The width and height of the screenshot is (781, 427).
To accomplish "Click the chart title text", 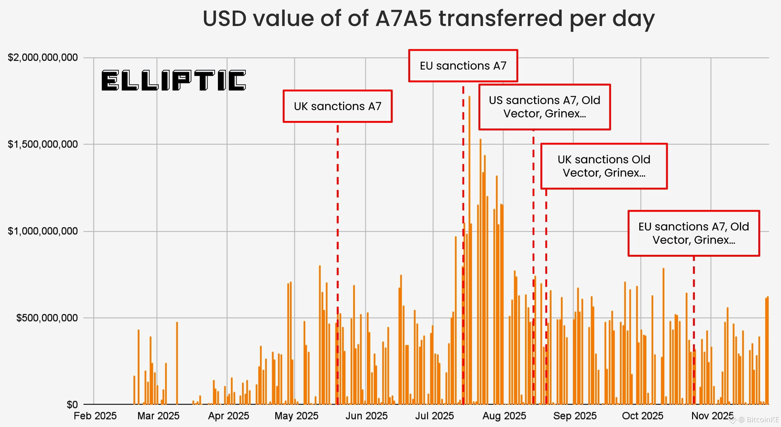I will pos(428,19).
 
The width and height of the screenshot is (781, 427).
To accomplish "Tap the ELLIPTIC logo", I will pos(173,80).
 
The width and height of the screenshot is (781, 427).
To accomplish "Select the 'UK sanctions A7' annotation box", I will pos(337,106).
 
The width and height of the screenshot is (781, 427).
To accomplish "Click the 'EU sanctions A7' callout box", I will pos(463,66).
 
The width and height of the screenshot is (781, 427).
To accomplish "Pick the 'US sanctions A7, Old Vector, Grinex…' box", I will pos(545,107).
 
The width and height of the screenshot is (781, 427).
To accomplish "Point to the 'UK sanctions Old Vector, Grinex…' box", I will pos(604,166).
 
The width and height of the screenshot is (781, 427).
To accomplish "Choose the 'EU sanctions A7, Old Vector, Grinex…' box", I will pos(694,233).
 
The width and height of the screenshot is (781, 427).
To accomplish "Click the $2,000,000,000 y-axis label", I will pos(43,57).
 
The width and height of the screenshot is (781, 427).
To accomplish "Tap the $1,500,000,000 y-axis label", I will pos(43,144).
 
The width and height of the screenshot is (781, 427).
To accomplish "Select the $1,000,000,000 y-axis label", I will pos(43,231).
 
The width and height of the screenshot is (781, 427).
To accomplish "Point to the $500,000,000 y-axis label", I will pos(47,318).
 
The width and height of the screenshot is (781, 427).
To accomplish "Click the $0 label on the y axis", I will pos(72,405).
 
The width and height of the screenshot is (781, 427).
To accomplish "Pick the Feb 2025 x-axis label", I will pos(95,416).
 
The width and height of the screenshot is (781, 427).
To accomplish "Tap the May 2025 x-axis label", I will pos(296,416).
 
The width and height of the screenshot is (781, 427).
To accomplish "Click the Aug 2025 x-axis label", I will pos(504,416).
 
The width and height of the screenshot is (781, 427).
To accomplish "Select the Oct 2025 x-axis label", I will pos(643,416).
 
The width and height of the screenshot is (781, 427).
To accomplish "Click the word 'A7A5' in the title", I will pos(403,19).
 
